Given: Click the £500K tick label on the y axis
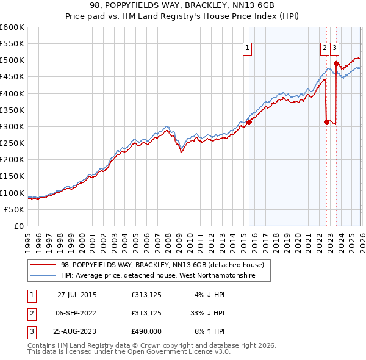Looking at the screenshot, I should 12,60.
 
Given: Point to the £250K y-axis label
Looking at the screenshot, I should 12,143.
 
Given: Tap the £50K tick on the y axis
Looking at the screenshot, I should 14,209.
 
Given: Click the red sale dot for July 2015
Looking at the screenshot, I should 249,122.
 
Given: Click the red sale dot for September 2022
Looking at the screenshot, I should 326,122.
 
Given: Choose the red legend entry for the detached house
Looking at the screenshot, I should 162,265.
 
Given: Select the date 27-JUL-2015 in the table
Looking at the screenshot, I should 77,295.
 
